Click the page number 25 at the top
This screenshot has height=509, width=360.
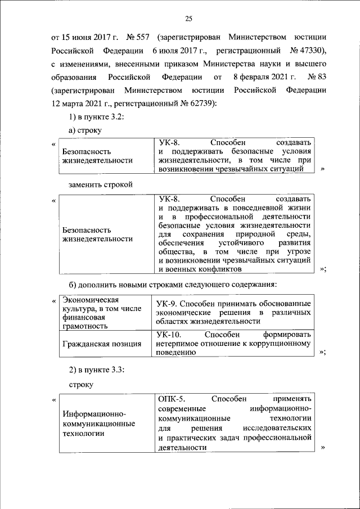tap(188, 19)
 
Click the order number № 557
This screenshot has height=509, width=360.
tap(141, 38)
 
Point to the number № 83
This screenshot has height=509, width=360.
tap(312, 76)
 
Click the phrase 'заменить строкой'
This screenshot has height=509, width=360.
tap(100, 184)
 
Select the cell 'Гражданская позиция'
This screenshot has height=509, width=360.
tap(102, 344)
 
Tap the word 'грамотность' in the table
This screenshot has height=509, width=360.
tap(85, 326)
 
